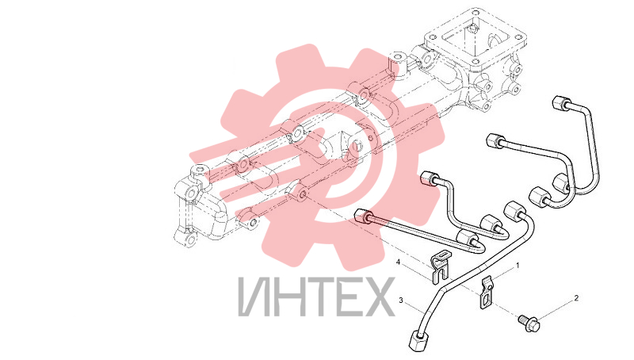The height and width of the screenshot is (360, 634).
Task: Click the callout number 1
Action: pos(517,266)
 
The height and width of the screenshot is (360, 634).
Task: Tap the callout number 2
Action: pos(576,298)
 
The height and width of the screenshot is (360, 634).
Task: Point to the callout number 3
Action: pos(401,301)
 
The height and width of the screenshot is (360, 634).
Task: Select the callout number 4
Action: pos(398,262)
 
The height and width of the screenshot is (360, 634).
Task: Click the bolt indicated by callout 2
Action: pos(529,324)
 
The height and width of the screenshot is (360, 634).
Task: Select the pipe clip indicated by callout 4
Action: pos(439,267)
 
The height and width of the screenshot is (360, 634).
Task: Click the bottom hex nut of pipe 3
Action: pos(418,339)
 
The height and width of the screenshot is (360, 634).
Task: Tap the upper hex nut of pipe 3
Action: pos(514,210)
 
